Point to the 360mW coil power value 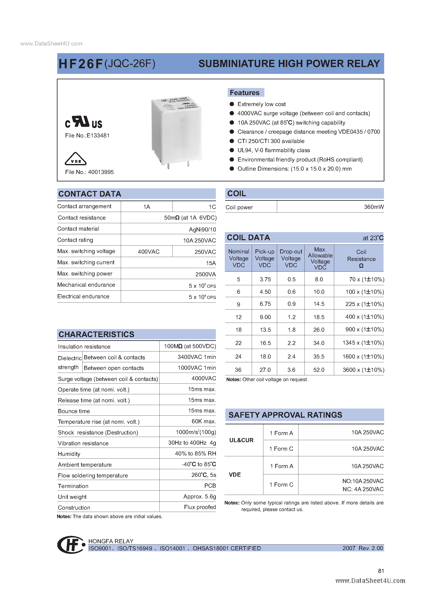click(374, 207)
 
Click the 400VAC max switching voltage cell click(149, 252)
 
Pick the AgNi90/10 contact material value click(202, 229)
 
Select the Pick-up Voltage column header click(264, 258)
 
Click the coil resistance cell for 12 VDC click(364, 317)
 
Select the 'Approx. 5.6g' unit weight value click(200, 497)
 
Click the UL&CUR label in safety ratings click(241, 440)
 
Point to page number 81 click(381, 571)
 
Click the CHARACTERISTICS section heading click(97, 334)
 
